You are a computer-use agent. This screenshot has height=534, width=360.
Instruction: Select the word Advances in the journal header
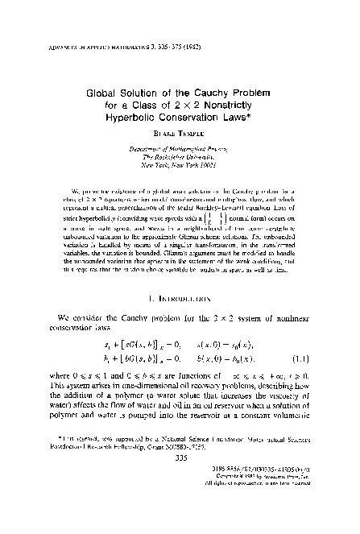(x=35, y=14)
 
